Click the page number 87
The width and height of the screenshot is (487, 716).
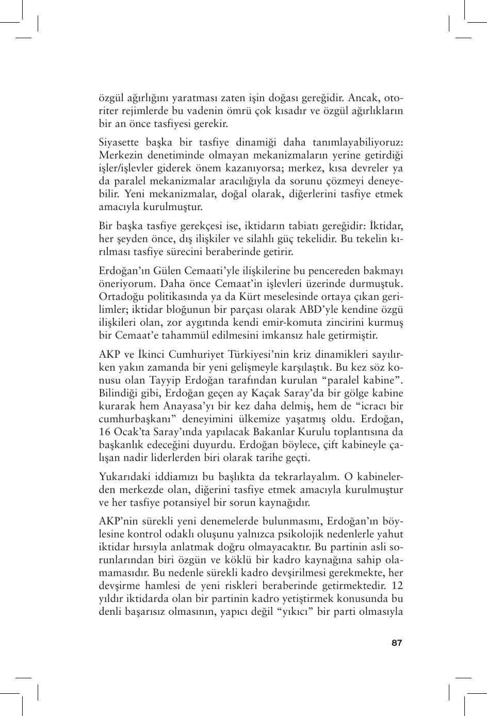pyautogui.click(x=396, y=643)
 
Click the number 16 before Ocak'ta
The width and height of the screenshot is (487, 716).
pyautogui.click(x=104, y=432)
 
